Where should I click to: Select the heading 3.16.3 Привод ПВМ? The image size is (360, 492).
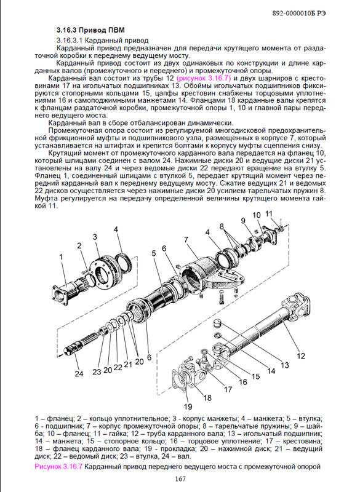click(x=90, y=30)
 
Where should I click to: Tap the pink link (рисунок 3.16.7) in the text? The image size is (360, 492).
click(x=204, y=78)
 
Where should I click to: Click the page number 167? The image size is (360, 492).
click(x=180, y=479)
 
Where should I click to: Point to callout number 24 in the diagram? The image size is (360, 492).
click(x=79, y=373)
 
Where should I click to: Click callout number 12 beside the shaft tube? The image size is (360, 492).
click(x=301, y=356)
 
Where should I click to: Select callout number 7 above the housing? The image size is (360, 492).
click(x=186, y=240)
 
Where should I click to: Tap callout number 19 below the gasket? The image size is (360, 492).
click(x=188, y=407)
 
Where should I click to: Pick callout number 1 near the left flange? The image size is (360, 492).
click(x=61, y=257)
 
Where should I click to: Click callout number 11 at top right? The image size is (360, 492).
click(x=269, y=214)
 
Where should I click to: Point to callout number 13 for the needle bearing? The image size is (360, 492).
click(x=285, y=365)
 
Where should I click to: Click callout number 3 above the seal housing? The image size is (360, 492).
click(x=95, y=237)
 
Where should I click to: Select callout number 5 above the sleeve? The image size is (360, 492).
click(x=154, y=253)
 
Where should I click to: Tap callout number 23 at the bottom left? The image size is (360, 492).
click(x=97, y=371)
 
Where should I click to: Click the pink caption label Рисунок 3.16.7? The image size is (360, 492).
click(x=58, y=466)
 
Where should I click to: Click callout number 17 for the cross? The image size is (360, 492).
click(x=228, y=389)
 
